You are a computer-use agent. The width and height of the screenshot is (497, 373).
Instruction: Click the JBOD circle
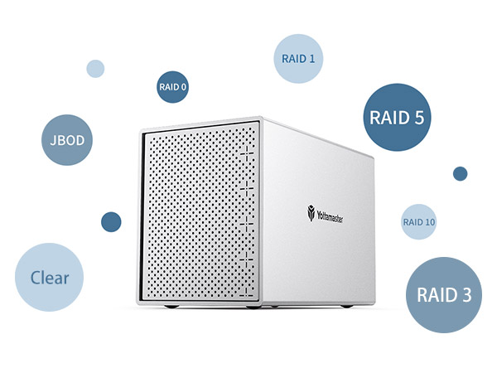coord(67,140)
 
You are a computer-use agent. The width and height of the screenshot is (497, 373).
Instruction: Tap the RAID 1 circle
coord(297,58)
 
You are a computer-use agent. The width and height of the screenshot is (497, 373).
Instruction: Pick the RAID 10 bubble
coord(418,222)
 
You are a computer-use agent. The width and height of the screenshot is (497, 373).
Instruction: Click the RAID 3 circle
coord(444,295)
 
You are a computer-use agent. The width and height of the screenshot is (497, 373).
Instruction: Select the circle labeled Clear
coord(50,278)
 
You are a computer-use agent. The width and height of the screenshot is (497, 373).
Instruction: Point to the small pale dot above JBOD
coord(95,68)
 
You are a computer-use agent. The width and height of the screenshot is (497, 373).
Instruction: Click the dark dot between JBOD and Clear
coord(110,221)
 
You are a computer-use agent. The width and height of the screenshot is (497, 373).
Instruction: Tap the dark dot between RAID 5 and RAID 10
coord(460,173)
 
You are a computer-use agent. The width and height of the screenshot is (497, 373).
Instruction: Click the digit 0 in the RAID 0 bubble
coord(184,86)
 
